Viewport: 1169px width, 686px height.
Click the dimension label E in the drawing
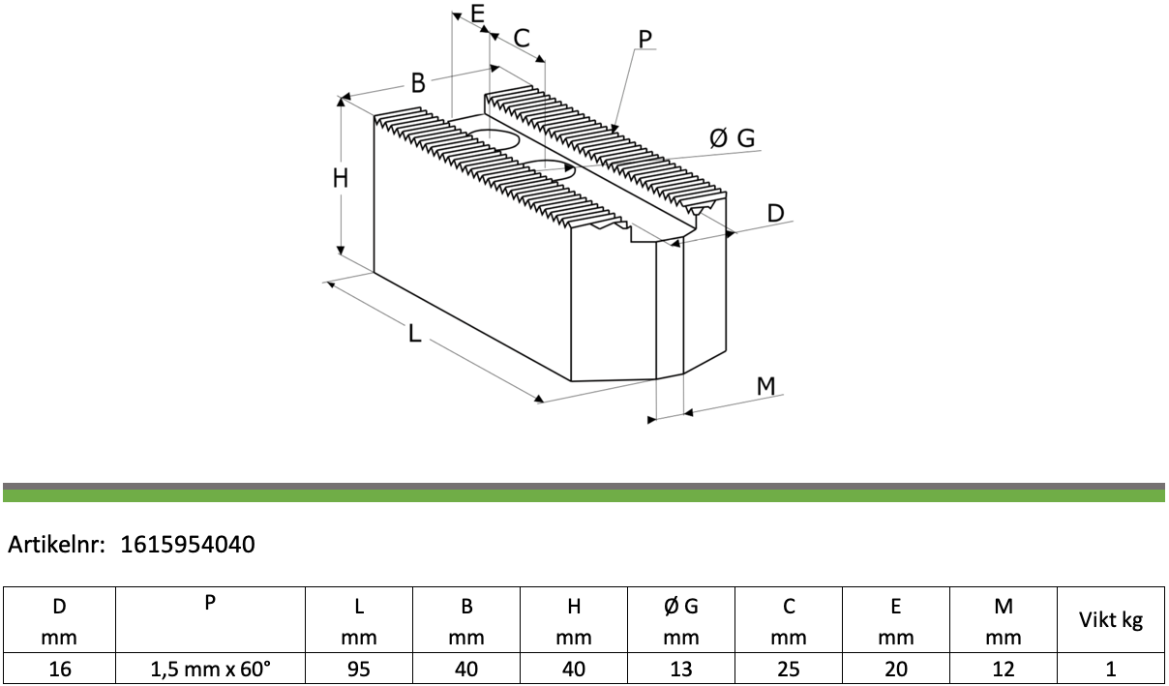tap(477, 14)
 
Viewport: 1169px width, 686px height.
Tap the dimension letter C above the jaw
tap(522, 38)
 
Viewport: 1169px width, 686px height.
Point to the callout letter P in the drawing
tap(645, 39)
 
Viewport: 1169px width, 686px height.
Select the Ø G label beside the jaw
tap(732, 138)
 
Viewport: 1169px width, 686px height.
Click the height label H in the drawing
tap(341, 178)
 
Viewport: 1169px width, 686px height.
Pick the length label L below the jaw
tap(414, 334)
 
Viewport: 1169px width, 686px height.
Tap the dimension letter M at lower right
tap(765, 386)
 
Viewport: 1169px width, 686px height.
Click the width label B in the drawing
tap(418, 83)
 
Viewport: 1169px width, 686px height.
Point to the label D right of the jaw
tap(775, 214)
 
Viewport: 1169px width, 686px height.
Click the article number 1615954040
tap(188, 544)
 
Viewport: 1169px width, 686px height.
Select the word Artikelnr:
tap(57, 544)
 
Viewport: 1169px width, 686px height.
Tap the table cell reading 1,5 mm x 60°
tap(210, 669)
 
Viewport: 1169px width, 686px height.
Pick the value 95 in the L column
tap(358, 669)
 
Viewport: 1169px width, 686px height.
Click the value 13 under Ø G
tap(681, 669)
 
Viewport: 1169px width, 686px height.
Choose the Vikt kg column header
tap(1111, 620)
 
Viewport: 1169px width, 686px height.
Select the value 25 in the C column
tap(789, 669)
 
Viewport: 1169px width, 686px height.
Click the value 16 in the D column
tap(59, 669)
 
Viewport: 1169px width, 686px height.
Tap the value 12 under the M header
tap(1004, 669)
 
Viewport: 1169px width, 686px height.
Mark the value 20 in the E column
tap(896, 669)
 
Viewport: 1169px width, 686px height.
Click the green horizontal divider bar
tap(584, 495)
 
